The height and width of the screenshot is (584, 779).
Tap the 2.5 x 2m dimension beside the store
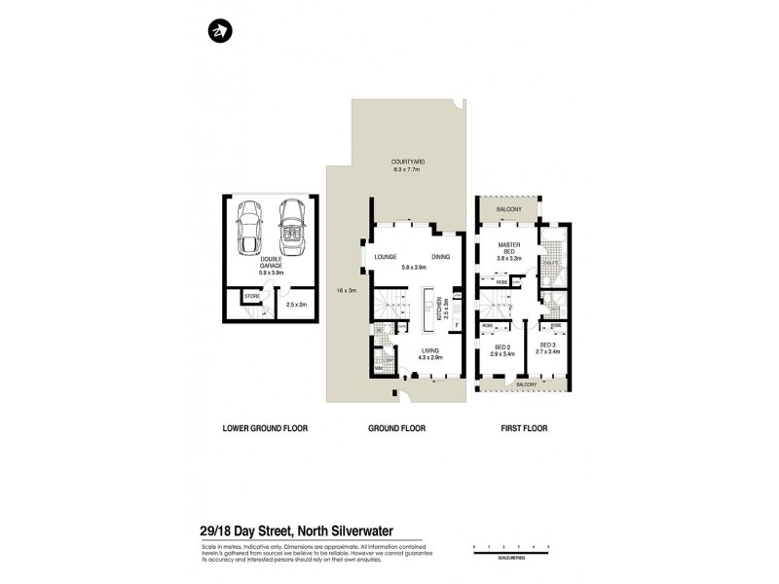pyautogui.click(x=297, y=305)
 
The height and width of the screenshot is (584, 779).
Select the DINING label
pyautogui.click(x=439, y=256)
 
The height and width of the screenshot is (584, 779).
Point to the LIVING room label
pyautogui.click(x=430, y=352)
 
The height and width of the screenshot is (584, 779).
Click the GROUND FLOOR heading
pyautogui.click(x=397, y=427)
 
